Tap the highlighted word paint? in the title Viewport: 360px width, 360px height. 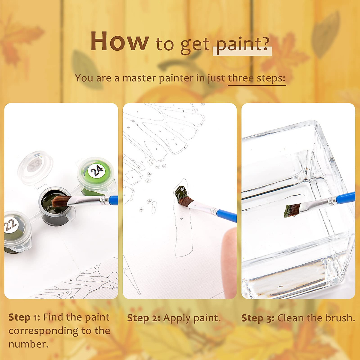[x=242, y=44]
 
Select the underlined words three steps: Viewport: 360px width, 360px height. [x=256, y=78]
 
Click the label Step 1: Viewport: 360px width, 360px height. [x=24, y=317]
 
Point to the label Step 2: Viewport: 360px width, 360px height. [x=143, y=318]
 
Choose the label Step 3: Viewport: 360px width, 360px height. [x=258, y=318]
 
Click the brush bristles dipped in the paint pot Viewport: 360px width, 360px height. [x=60, y=201]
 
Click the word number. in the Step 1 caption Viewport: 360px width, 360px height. [x=28, y=344]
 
